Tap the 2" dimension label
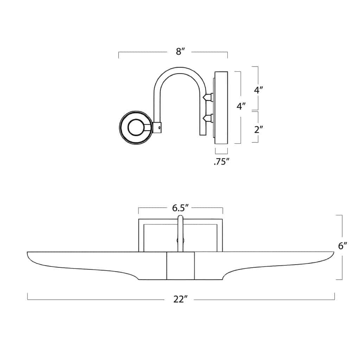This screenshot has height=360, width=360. point(259,129)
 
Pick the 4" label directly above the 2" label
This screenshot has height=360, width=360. point(259,90)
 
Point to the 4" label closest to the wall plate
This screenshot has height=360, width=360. point(241,106)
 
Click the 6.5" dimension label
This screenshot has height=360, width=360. point(181,208)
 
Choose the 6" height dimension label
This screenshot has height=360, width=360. point(342,246)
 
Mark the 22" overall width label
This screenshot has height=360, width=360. point(180,299)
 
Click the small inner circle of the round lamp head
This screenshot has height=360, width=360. point(135,127)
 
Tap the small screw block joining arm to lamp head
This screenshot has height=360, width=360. point(157,128)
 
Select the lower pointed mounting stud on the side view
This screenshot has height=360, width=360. point(208,118)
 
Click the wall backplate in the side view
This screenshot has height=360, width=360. point(221,107)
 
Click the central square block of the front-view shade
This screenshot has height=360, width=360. point(180,266)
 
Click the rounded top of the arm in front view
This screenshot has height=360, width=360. point(181,217)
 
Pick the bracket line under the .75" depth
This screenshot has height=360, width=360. point(221,153)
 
